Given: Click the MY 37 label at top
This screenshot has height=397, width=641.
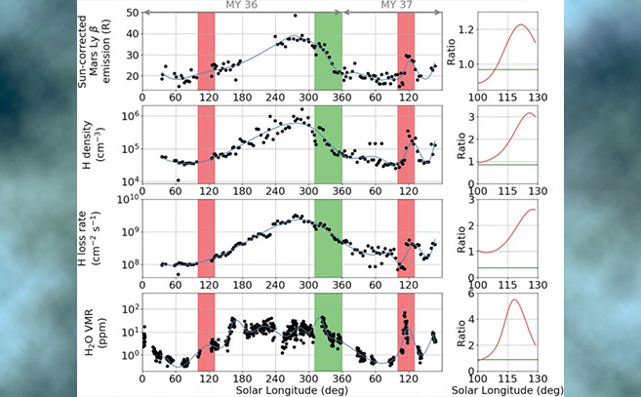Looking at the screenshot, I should (x=386, y=6).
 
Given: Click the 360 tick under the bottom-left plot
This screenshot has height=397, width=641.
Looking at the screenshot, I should (x=341, y=377).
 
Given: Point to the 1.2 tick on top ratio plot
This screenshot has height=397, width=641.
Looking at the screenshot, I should (x=462, y=30).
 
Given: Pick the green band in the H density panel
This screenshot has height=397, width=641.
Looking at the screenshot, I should (x=327, y=146).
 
